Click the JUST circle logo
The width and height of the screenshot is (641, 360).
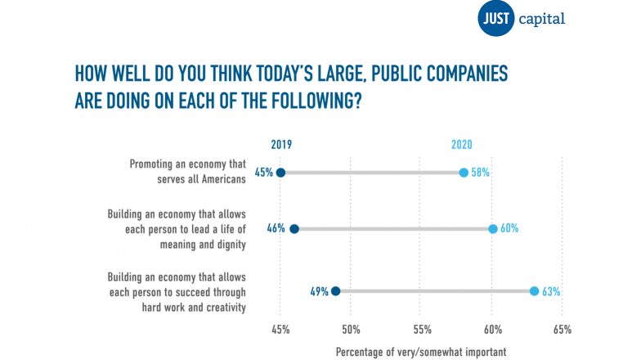495,18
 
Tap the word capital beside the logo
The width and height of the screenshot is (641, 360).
541,18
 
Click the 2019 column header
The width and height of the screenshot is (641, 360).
281,145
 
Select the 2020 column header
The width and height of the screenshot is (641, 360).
462,145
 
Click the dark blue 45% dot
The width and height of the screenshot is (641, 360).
280,173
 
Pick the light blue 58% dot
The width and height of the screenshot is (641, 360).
464,173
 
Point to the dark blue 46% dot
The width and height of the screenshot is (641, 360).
294,229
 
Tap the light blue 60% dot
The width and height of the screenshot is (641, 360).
492,229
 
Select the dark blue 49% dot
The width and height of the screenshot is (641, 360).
335,290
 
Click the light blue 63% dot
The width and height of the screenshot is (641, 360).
534,290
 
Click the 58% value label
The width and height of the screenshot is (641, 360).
480,173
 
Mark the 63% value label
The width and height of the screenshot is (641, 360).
550,290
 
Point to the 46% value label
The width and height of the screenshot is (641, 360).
276,229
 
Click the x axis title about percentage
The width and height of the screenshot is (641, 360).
421,351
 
